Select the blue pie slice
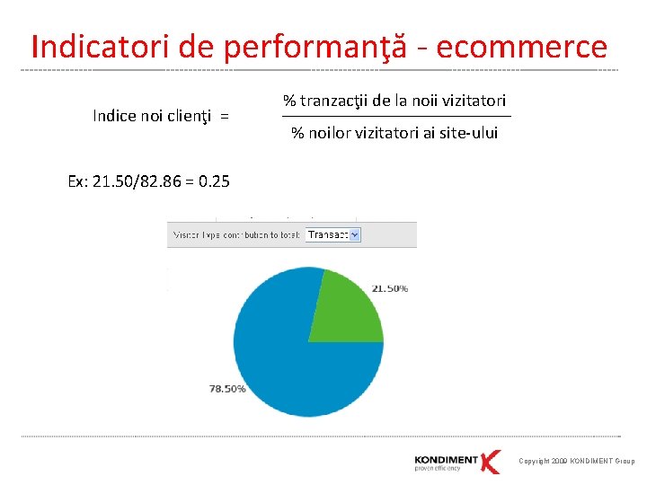(288, 359)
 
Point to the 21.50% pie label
(389, 288)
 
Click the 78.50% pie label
(227, 389)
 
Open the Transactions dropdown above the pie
(332, 234)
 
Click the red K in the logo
(490, 461)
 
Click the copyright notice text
(576, 462)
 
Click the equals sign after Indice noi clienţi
(224, 116)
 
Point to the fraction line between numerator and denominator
(395, 117)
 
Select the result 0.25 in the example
(215, 181)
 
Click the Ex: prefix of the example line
(78, 181)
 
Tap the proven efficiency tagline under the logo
(438, 469)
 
